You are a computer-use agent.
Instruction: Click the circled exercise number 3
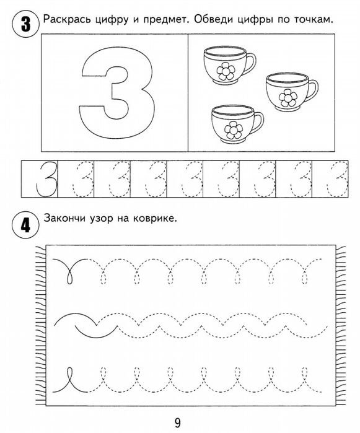pos(24,25)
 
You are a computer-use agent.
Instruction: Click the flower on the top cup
pos(224,71)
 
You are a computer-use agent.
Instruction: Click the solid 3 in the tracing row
pos(42,180)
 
